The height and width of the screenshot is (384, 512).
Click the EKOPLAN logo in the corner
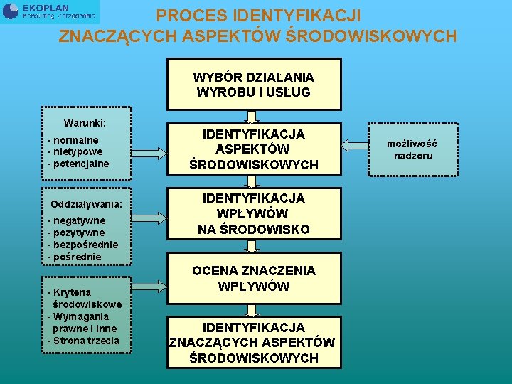[50, 11]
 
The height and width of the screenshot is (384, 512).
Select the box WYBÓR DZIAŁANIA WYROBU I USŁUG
[254, 85]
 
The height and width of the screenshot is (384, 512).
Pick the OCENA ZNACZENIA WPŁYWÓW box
[254, 278]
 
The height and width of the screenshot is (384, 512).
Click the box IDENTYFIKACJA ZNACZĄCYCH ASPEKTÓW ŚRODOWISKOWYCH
[252, 343]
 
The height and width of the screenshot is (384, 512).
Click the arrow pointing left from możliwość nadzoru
[355, 146]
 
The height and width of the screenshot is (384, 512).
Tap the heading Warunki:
[85, 122]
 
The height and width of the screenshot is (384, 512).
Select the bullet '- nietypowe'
[75, 151]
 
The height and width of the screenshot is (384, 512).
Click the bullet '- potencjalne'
[78, 164]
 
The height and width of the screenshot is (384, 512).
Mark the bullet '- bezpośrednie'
[82, 245]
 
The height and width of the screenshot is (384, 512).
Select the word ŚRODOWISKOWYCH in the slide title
[376, 36]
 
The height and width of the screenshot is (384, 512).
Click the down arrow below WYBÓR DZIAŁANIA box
[254, 116]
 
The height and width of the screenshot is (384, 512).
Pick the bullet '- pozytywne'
[76, 233]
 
